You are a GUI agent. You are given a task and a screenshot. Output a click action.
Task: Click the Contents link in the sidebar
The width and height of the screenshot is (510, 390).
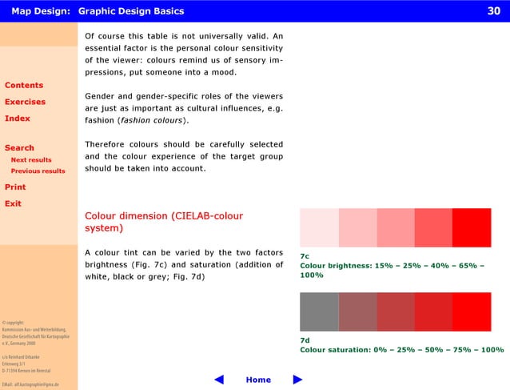click(24, 85)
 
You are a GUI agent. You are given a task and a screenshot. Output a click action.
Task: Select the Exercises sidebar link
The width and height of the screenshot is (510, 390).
click(25, 102)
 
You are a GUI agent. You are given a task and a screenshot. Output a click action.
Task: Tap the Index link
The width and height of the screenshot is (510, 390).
click(18, 119)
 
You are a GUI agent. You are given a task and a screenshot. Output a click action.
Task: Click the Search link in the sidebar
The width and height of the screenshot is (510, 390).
click(19, 147)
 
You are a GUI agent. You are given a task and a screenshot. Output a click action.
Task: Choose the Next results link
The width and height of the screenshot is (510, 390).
click(31, 160)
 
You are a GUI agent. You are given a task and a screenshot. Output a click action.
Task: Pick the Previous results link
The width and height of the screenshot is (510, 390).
click(38, 171)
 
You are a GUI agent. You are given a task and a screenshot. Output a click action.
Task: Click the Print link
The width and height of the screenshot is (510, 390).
click(15, 187)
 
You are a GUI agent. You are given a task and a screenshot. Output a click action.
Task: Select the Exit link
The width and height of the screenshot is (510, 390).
click(13, 203)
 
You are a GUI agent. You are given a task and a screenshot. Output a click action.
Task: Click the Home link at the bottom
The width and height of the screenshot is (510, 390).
click(258, 380)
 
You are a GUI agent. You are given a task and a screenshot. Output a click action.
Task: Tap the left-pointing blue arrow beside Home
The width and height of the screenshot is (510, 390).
click(219, 380)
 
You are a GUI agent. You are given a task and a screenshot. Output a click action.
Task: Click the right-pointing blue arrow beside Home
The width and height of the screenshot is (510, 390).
click(298, 380)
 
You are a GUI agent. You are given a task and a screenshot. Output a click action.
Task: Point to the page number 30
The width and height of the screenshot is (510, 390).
click(493, 11)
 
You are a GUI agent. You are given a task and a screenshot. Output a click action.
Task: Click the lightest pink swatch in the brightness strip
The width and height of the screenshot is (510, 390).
click(319, 227)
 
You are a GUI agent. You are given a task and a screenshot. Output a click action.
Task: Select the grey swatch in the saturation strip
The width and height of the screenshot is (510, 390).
click(319, 312)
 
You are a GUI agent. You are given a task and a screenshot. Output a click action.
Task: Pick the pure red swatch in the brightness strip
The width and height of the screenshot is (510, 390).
click(472, 227)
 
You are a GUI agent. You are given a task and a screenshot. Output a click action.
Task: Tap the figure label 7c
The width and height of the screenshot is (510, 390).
click(305, 256)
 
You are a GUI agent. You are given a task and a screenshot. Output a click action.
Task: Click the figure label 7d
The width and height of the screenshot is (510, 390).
click(305, 340)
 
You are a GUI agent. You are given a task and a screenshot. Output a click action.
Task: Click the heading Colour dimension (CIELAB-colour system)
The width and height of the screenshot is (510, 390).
click(164, 222)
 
